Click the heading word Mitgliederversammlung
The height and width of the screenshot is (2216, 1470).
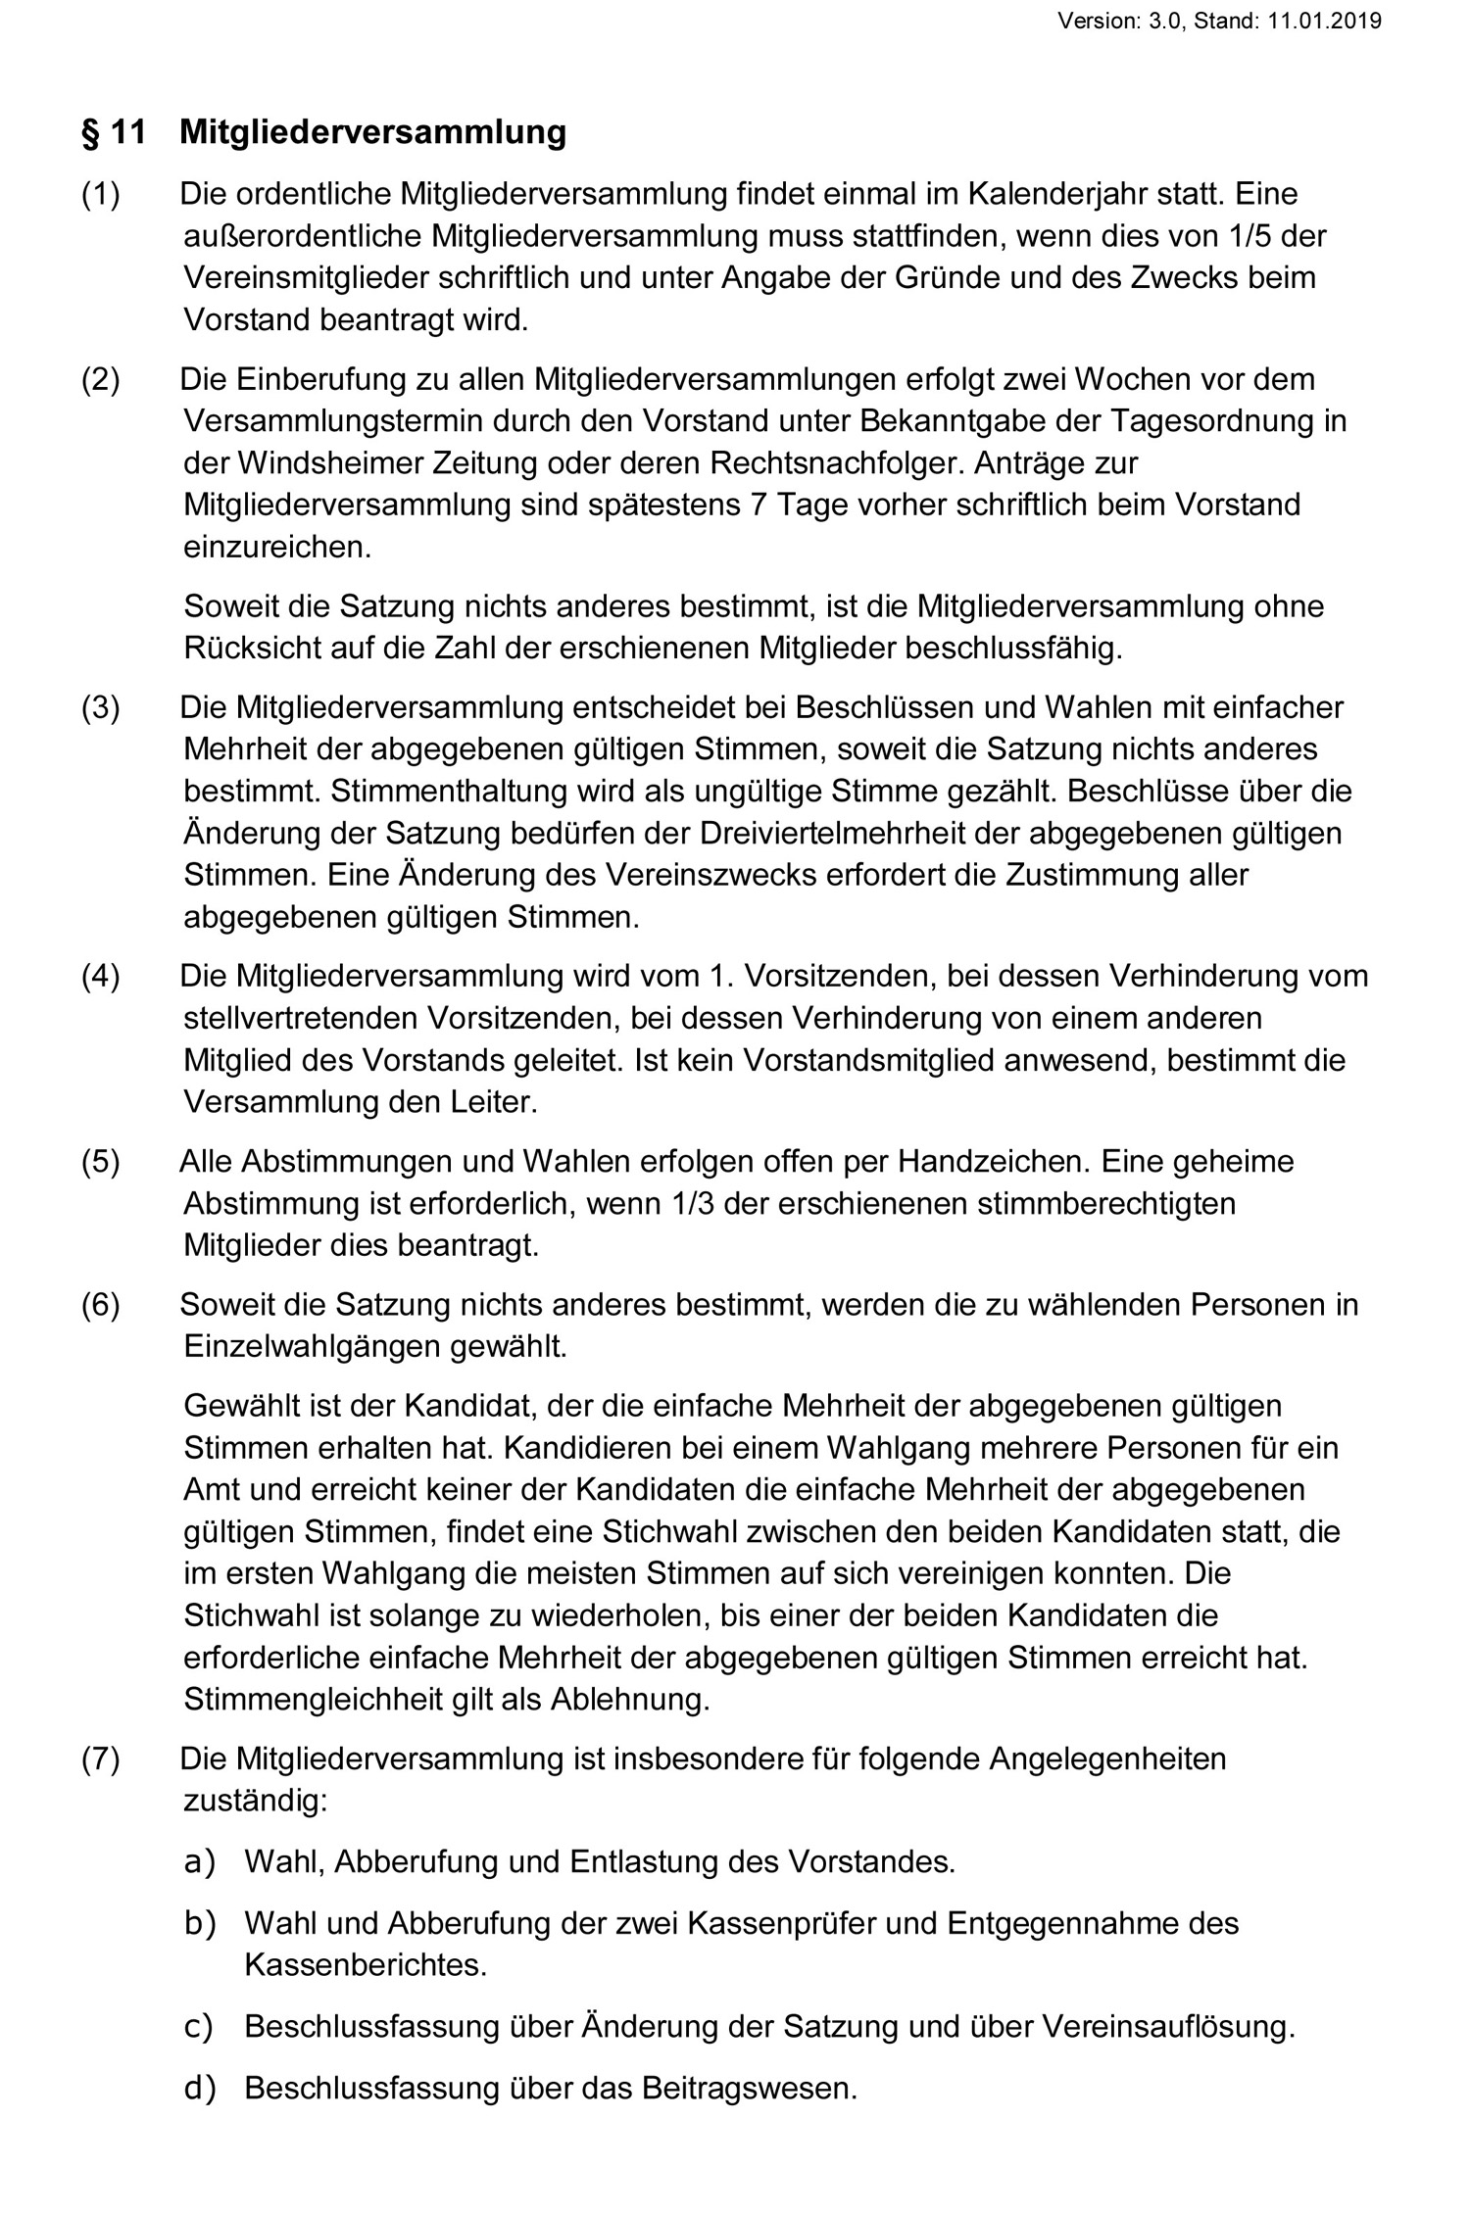372,132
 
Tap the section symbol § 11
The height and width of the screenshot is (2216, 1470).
113,132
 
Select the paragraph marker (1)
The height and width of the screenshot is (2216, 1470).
101,194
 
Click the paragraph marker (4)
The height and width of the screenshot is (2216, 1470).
101,976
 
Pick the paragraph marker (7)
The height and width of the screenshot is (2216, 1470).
101,1758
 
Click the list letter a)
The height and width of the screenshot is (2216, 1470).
199,1860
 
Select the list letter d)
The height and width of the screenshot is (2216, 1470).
199,2088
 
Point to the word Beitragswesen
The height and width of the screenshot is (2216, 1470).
749,2088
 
